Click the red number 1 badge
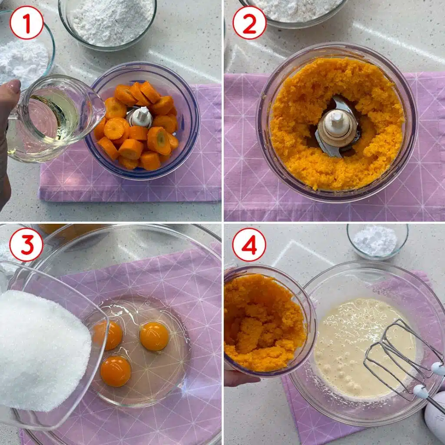27,23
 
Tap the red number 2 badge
249,23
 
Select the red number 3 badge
26,245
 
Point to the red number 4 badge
249,245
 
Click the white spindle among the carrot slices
141,116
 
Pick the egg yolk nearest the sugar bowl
108,335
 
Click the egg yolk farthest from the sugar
154,336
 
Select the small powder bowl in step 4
378,241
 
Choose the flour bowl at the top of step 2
294,11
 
